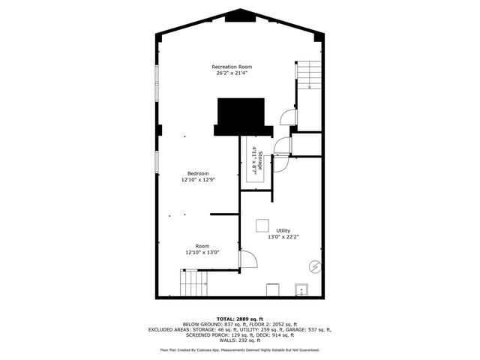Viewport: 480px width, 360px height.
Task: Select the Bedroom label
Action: coord(198,173)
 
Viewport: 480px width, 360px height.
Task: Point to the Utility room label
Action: coord(283,230)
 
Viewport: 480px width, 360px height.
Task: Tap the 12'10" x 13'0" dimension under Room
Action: coord(202,253)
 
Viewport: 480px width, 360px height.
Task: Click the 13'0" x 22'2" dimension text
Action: coord(283,237)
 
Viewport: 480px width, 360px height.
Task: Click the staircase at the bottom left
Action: coord(193,284)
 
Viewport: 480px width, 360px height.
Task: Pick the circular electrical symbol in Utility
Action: coord(316,265)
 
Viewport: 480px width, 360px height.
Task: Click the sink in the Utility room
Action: coord(301,289)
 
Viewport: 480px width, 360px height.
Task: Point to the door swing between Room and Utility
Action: coord(248,259)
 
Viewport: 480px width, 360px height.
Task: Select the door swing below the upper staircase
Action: coord(286,115)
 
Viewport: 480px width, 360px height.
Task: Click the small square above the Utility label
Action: coord(262,224)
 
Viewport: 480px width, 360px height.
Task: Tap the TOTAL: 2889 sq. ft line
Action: coord(239,319)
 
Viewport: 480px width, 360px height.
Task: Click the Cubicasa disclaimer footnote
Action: coord(239,349)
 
